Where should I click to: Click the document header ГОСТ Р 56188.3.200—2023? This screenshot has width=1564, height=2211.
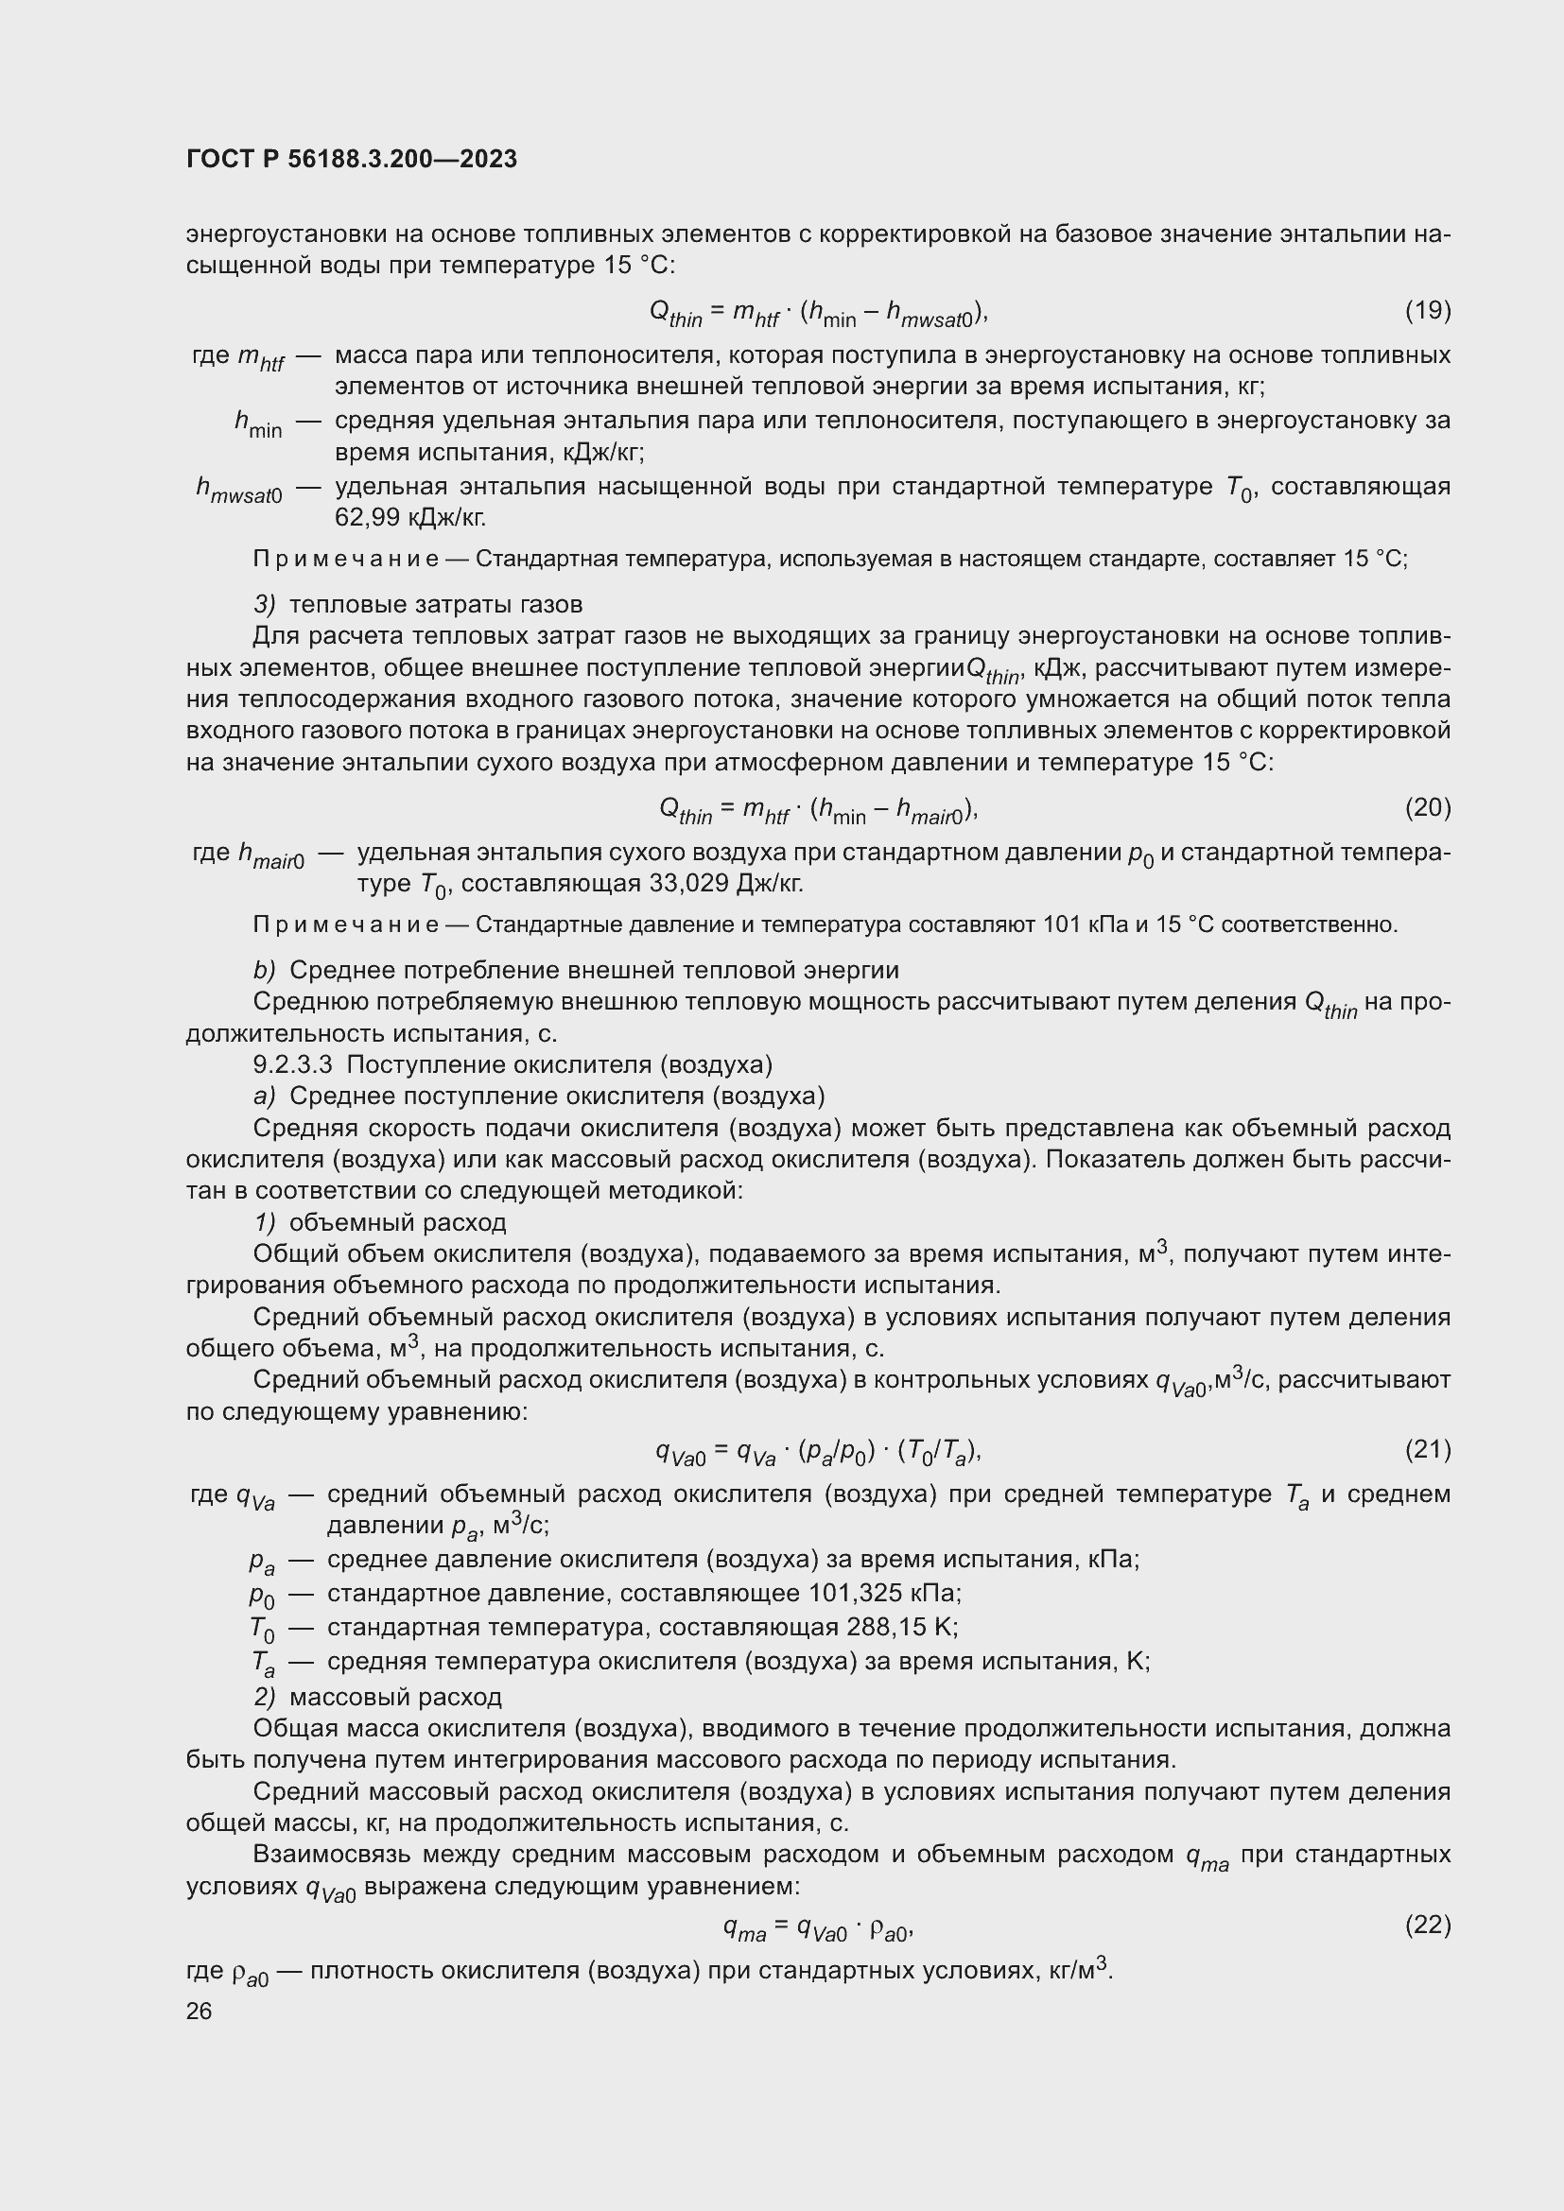(352, 159)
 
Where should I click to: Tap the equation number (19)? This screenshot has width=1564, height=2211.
(1427, 310)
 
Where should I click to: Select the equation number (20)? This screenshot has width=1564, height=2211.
(1427, 807)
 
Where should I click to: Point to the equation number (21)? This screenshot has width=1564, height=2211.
(1427, 1448)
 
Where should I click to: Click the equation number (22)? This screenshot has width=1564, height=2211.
(1427, 1924)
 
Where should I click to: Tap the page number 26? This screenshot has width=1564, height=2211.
(200, 2011)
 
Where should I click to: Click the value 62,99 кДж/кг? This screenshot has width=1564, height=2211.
(410, 518)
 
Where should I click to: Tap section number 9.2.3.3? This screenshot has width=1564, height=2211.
(293, 1064)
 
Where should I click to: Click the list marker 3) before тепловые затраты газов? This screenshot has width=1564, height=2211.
(265, 605)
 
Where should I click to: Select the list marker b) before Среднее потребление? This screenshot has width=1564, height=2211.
(265, 970)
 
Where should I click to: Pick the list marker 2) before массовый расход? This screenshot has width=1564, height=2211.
(265, 1696)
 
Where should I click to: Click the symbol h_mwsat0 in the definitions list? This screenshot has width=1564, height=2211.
(239, 492)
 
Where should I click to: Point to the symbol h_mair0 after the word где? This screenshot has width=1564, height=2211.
(270, 856)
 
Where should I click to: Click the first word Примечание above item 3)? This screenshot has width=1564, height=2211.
(345, 559)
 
